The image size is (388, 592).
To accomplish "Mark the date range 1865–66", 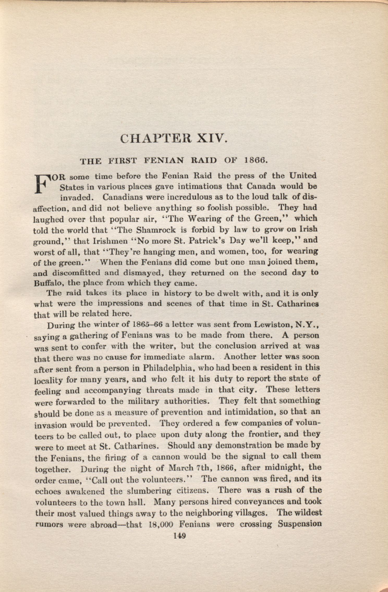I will [x=148, y=325].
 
